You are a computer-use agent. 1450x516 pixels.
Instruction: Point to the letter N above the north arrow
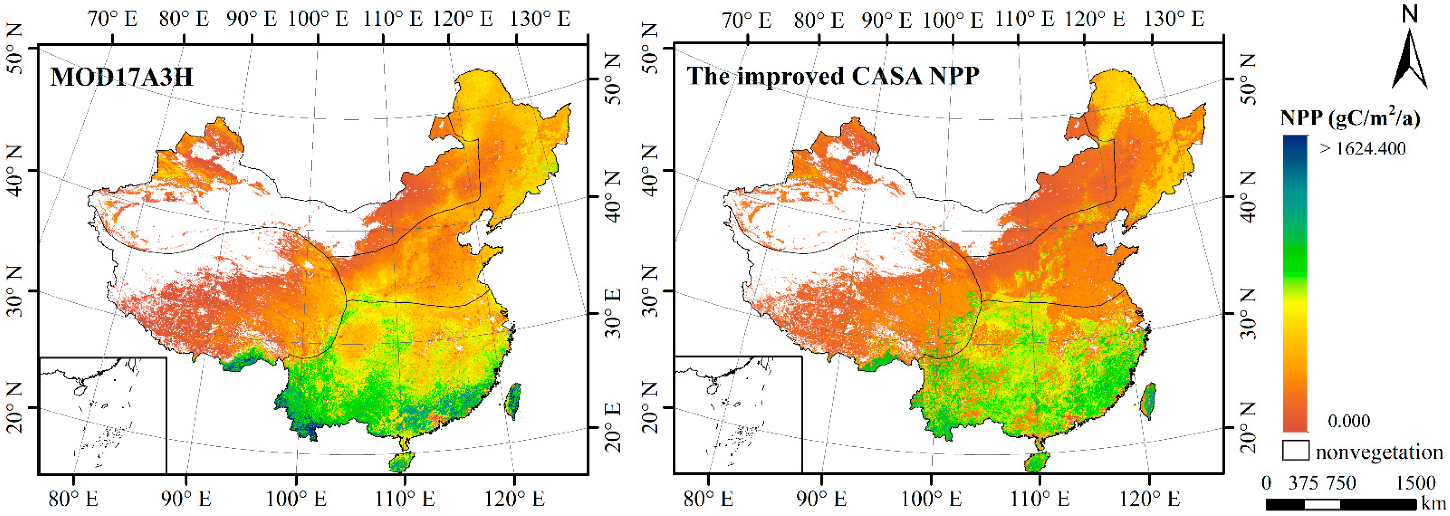(1409, 14)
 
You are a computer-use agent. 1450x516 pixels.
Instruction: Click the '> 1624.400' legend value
(1362, 149)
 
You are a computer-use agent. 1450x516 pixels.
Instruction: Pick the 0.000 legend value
(1349, 421)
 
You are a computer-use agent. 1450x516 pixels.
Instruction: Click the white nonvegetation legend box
(1296, 451)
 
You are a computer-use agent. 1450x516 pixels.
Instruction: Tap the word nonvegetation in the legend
(1379, 452)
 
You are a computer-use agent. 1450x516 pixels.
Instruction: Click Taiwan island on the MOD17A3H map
(513, 401)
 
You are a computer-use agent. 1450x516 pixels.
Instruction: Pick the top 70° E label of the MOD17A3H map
(113, 19)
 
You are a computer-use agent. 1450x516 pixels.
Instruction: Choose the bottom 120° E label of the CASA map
(1149, 499)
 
